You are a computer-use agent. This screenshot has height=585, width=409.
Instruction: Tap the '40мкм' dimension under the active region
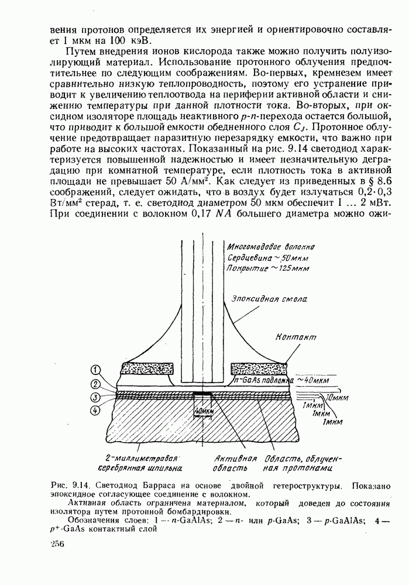pos(204,411)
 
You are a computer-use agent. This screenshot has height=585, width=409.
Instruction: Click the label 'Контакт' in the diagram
pos(293,338)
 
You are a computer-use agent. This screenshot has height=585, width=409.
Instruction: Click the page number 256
pos(57,544)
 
